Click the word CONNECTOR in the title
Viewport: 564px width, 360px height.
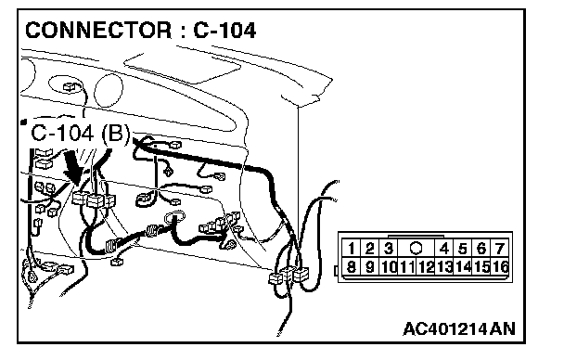tap(98, 31)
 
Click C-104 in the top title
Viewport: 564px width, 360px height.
tap(224, 31)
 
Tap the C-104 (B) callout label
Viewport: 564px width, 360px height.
tap(80, 133)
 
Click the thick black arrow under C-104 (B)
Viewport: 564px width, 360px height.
tap(74, 167)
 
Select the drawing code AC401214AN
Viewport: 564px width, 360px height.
tap(459, 328)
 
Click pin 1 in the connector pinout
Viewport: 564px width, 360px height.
tap(351, 249)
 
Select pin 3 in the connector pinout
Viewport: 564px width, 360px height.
tap(388, 249)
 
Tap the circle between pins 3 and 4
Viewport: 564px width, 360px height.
tap(416, 248)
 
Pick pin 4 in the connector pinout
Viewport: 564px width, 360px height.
tap(444, 249)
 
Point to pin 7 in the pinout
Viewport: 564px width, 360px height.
tap(499, 249)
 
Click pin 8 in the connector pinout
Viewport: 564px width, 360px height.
tap(351, 267)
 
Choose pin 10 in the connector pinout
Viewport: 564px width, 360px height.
tap(389, 267)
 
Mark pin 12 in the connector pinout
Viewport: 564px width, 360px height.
tap(426, 267)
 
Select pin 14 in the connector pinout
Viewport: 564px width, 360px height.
tap(463, 267)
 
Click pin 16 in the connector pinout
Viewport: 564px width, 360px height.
tap(500, 267)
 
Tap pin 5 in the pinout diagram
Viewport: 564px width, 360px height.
tap(463, 249)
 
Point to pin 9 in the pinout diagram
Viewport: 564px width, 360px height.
tap(369, 267)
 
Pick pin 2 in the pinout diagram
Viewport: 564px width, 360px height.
tap(369, 249)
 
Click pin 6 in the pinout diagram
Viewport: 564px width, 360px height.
tap(481, 249)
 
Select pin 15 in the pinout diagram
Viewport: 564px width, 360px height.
tap(481, 267)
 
